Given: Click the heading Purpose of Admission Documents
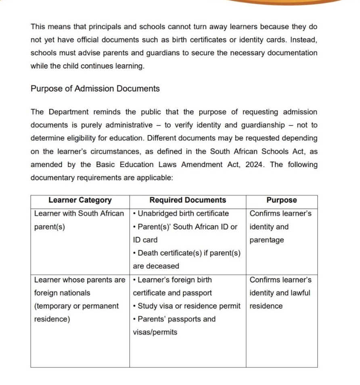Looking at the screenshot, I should pos(95,89).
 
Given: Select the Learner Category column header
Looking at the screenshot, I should pos(80,200).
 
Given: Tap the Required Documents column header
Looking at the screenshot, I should pos(188,200).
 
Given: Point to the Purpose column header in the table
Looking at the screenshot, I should pos(281,200).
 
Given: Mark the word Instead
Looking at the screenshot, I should pos(303,40).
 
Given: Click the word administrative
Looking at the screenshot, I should pos(123,125).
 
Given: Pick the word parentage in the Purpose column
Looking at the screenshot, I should pos(267,240).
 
